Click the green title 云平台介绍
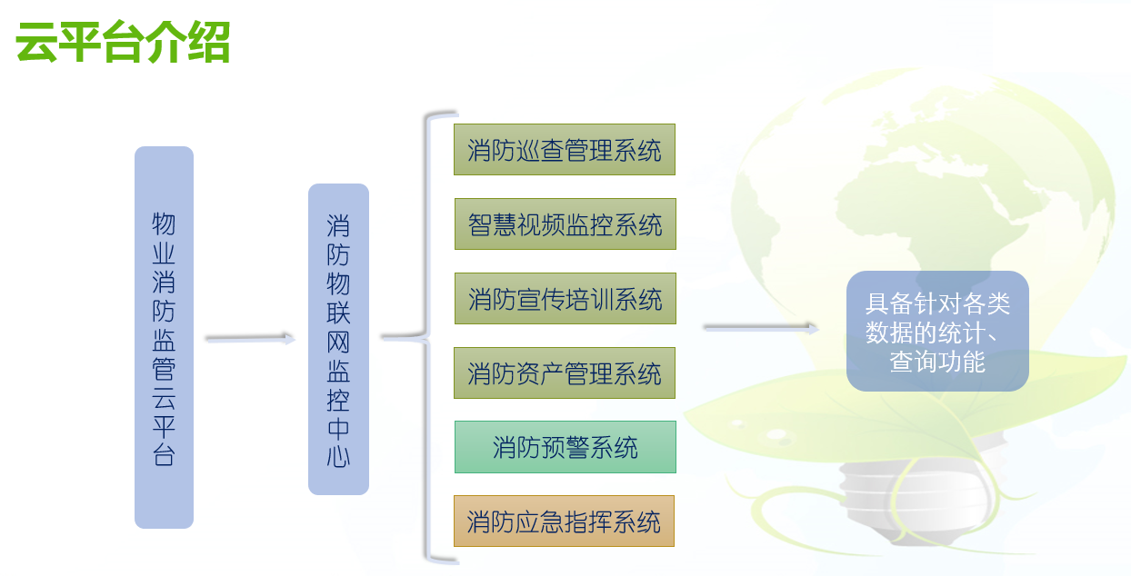[x=123, y=42]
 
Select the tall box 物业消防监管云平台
[x=164, y=337]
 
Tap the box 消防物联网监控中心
[x=338, y=339]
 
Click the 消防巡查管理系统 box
[x=565, y=150]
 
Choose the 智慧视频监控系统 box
[x=565, y=223]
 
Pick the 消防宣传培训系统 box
[x=565, y=299]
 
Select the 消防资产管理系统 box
[x=565, y=373]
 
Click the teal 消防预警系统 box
[x=565, y=447]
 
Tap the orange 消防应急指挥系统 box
[x=564, y=521]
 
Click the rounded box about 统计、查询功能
[x=937, y=332]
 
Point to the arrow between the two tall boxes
[x=251, y=339]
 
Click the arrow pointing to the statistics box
[x=761, y=328]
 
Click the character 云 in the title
[x=36, y=42]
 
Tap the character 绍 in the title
[x=209, y=42]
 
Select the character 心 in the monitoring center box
[x=338, y=458]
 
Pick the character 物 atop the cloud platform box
[x=164, y=223]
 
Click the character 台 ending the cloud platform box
[x=164, y=455]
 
